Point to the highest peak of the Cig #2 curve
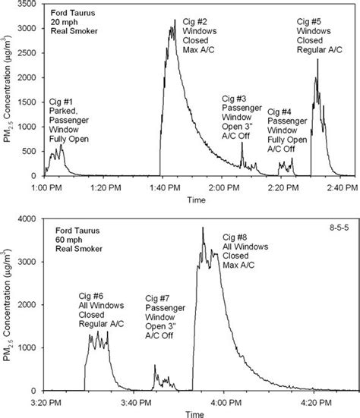[x=175, y=20]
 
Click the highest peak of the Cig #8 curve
[x=203, y=228]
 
